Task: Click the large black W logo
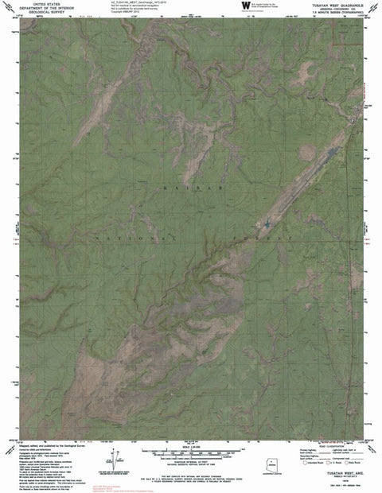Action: tap(244, 6)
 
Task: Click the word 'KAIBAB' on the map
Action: tap(185, 188)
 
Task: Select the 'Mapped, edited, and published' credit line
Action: tap(48, 446)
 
